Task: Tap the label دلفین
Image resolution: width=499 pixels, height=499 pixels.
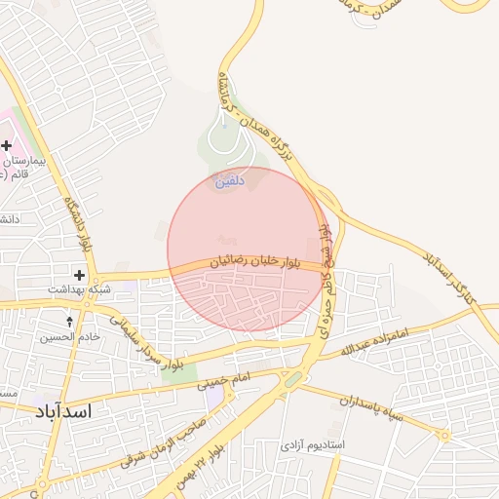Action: [x=225, y=180]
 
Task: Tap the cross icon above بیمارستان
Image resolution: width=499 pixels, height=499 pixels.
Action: [x=7, y=145]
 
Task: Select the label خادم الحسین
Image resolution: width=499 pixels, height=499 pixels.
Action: [x=69, y=337]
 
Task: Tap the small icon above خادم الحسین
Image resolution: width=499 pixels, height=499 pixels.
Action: [x=69, y=321]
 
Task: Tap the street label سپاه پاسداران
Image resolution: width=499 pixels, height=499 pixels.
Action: [x=379, y=409]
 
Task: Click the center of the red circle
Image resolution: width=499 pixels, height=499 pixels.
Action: [x=247, y=249]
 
